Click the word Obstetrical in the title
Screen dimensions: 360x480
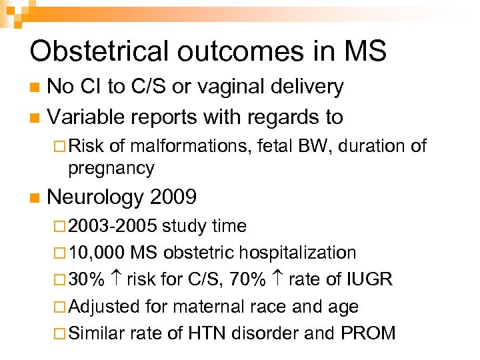point(96,51)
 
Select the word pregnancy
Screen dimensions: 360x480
point(111,168)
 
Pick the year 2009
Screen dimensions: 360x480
point(174,197)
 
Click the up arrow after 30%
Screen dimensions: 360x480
point(115,279)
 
